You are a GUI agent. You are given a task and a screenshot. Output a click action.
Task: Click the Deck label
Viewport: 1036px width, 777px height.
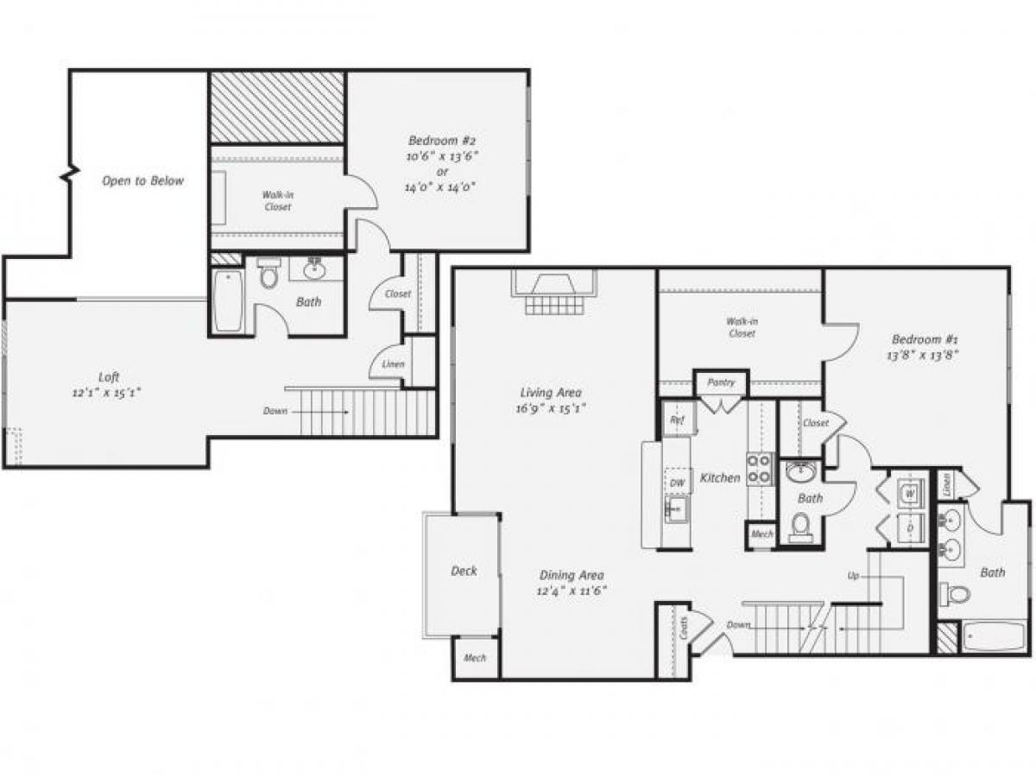[464, 571]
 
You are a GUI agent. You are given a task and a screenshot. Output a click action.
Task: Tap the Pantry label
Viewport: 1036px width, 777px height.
[721, 382]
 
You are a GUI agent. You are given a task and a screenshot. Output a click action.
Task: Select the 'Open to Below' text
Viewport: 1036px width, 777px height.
[142, 181]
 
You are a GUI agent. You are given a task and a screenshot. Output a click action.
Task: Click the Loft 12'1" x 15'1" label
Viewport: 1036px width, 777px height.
[109, 384]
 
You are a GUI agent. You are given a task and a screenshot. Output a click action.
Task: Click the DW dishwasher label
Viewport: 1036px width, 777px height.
[677, 483]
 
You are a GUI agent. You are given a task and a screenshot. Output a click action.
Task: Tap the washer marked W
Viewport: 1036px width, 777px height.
[910, 494]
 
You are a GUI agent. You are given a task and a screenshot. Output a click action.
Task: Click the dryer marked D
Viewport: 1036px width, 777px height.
[910, 527]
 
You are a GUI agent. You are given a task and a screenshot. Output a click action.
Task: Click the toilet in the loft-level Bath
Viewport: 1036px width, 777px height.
[269, 276]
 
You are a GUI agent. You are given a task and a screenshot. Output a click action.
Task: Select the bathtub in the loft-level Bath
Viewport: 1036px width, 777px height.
[228, 300]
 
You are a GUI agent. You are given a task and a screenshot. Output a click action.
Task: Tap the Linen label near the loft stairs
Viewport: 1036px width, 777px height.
[393, 364]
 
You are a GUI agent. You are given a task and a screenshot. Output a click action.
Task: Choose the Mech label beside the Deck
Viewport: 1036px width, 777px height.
[475, 658]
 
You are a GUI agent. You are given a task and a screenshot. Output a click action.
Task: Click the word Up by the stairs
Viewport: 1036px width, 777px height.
[853, 575]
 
